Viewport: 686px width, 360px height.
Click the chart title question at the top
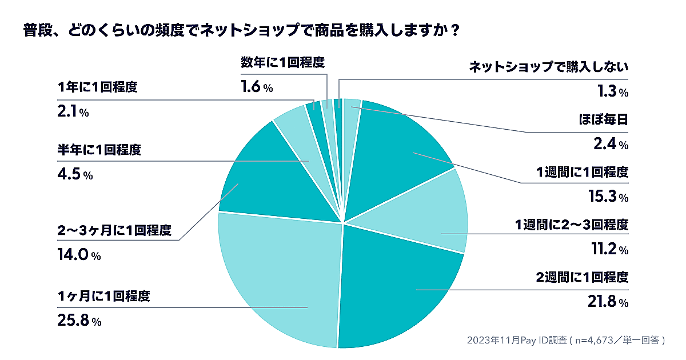point(240,30)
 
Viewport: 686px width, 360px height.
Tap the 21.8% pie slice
point(400,291)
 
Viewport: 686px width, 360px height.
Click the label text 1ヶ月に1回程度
point(103,297)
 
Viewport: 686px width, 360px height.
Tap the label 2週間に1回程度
point(582,278)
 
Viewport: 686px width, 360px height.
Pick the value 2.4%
point(611,145)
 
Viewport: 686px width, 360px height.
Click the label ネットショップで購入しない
point(548,67)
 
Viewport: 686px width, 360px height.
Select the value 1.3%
point(611,91)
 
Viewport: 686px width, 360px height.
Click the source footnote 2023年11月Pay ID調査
point(565,340)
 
